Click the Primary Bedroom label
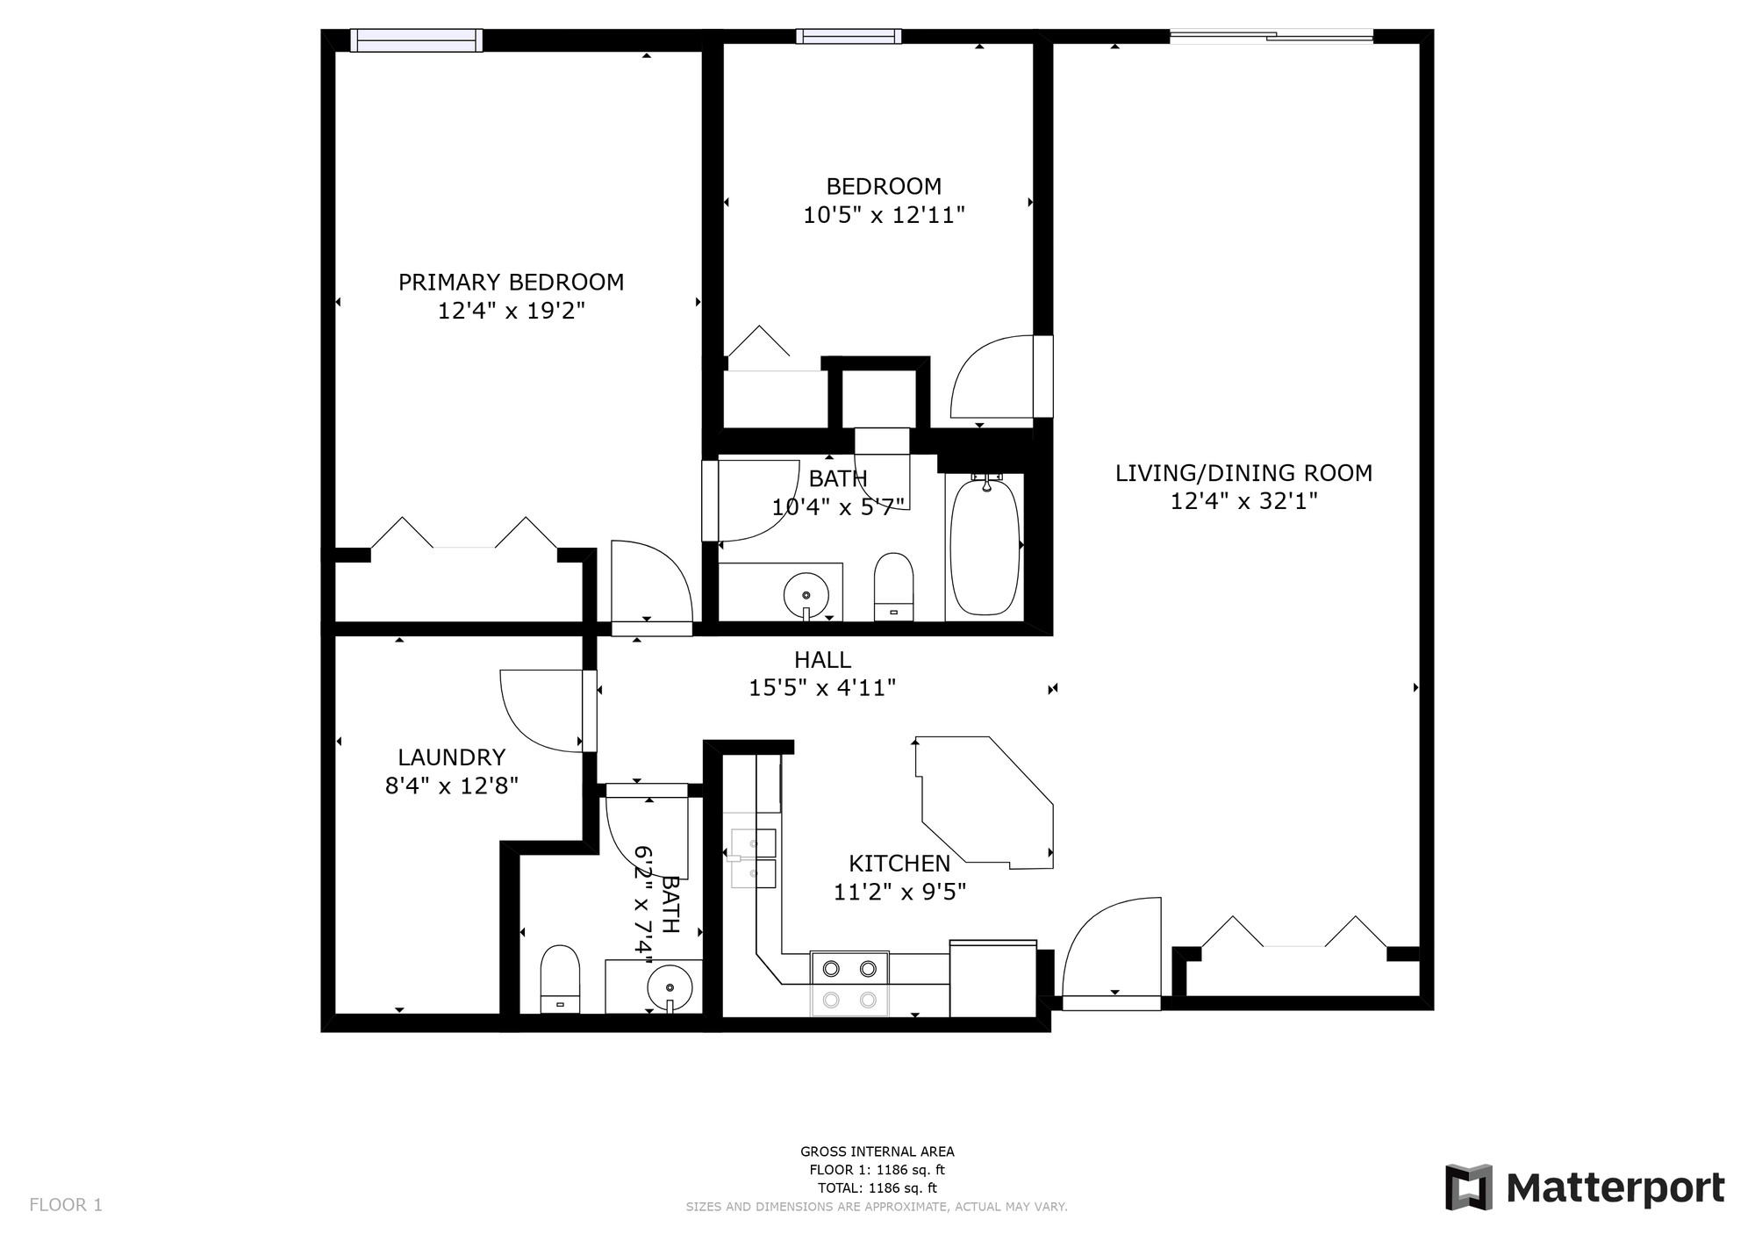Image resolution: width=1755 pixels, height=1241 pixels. pyautogui.click(x=511, y=283)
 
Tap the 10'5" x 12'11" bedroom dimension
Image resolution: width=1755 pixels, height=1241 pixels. pyautogui.click(x=884, y=215)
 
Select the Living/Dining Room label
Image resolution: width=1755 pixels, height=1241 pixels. pyautogui.click(x=1243, y=473)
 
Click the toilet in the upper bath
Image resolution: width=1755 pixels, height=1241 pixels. pyautogui.click(x=893, y=586)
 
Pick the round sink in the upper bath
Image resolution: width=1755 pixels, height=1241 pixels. pyautogui.click(x=806, y=594)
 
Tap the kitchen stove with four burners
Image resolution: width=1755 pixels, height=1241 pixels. pyautogui.click(x=849, y=983)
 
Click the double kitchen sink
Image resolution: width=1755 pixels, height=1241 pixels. pyautogui.click(x=754, y=857)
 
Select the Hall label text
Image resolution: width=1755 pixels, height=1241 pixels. pyautogui.click(x=822, y=660)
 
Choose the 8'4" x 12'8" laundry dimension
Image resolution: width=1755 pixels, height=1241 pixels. pyautogui.click(x=452, y=785)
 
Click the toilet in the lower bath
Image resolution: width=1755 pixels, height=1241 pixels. pyautogui.click(x=560, y=979)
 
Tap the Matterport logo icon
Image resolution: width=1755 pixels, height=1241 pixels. pyautogui.click(x=1469, y=1187)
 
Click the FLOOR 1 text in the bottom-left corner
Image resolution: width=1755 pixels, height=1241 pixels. pyautogui.click(x=66, y=1205)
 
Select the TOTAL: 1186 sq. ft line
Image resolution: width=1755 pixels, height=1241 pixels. pyautogui.click(x=877, y=1188)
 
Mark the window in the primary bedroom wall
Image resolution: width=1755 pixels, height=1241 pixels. pyautogui.click(x=417, y=40)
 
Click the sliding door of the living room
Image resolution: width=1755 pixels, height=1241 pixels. pyautogui.click(x=1271, y=36)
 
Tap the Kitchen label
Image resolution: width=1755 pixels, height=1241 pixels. pyautogui.click(x=899, y=864)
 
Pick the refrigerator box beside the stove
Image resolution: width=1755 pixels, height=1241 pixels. pyautogui.click(x=993, y=979)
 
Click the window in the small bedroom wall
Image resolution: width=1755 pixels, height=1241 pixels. pyautogui.click(x=849, y=36)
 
